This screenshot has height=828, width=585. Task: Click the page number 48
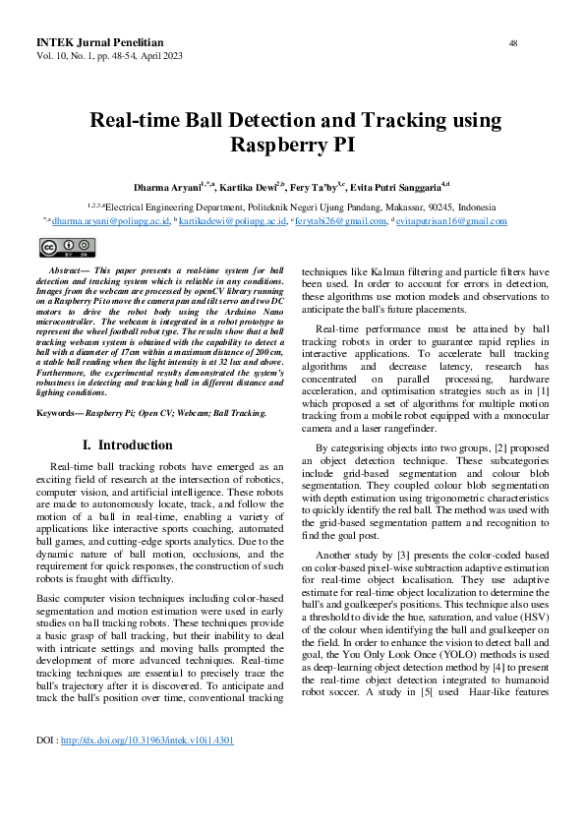[513, 43]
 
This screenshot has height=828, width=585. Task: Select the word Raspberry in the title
[275, 146]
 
